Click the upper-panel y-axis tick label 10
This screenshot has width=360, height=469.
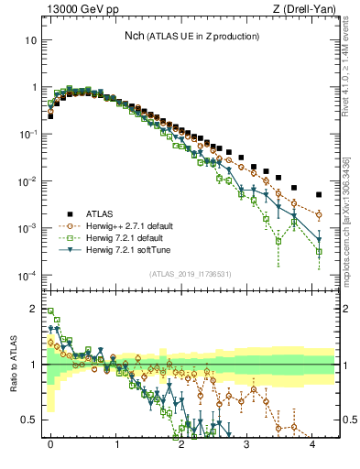(30, 41)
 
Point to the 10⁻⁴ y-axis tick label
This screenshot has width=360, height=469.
(27, 276)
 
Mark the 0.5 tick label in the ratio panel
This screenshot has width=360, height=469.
(29, 420)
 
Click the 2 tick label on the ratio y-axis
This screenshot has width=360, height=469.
(33, 308)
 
